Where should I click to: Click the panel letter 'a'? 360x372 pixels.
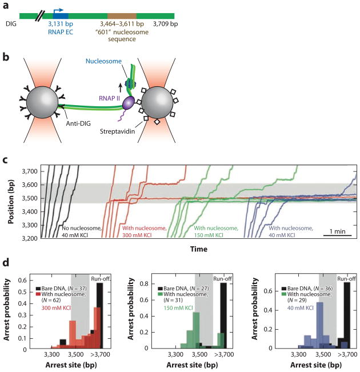pos(6,5)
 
